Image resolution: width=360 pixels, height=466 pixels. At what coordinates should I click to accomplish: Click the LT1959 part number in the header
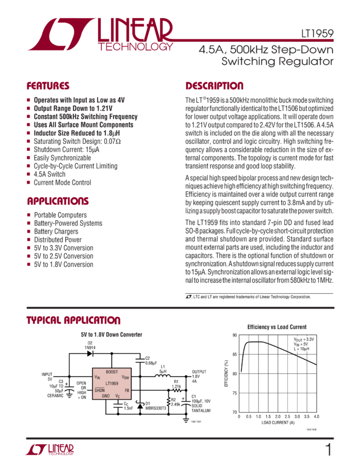[x=321, y=33]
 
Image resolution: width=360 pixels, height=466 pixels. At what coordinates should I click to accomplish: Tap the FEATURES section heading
[x=48, y=86]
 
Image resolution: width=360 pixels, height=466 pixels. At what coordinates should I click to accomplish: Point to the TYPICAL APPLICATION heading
[x=73, y=320]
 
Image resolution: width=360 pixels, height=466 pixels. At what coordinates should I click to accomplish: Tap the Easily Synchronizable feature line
[x=60, y=157]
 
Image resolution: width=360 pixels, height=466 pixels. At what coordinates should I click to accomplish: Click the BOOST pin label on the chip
[x=112, y=372]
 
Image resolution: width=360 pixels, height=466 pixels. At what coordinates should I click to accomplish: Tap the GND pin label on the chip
[x=106, y=395]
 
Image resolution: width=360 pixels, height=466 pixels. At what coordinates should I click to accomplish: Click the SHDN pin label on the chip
[x=99, y=390]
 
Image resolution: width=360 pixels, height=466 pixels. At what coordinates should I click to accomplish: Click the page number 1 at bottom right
[x=328, y=450]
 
